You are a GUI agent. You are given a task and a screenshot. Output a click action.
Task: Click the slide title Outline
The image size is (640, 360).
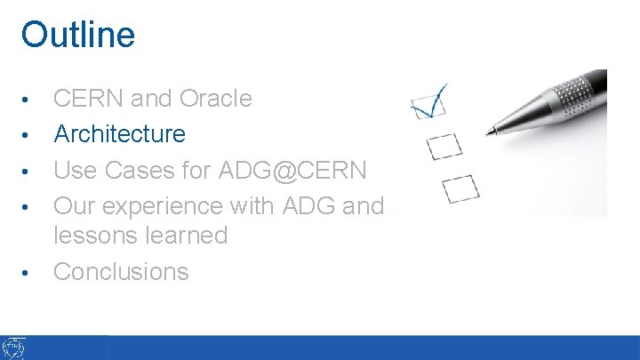(78, 35)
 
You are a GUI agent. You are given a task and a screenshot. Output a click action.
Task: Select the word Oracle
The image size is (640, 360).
(216, 99)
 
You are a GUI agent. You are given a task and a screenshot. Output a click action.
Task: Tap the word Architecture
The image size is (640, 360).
(120, 134)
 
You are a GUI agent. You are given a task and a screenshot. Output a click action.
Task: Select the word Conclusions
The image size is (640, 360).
(122, 272)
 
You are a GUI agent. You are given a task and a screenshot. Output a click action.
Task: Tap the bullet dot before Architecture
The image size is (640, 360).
(29, 135)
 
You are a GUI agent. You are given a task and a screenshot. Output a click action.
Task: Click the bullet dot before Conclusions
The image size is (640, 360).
(29, 273)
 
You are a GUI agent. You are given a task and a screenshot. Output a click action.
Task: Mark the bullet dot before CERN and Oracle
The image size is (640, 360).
(29, 100)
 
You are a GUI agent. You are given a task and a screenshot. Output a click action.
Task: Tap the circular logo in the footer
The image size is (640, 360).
(14, 348)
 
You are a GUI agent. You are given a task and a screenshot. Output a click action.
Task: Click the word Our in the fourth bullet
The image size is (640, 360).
(74, 206)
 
